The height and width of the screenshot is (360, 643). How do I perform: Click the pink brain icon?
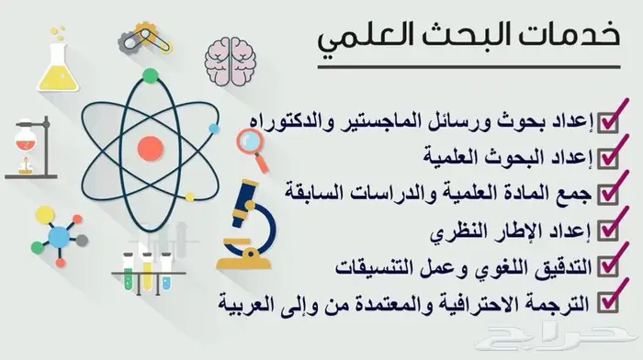pos(230,62)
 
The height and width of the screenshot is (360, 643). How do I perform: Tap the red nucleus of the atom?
pos(151,149)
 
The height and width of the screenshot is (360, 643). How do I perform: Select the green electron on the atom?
pos(151,76)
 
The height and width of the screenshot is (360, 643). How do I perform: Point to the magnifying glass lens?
pos(249,141)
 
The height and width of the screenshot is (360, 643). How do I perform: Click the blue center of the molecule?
pos(59,237)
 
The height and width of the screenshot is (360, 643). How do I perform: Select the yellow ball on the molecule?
pos(45,215)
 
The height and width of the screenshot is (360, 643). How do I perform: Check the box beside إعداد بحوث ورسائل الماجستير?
pos(607,122)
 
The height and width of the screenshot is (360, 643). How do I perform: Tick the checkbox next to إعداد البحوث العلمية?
pos(607,158)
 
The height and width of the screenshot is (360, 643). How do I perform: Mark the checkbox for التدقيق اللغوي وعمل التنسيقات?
pos(607,266)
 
